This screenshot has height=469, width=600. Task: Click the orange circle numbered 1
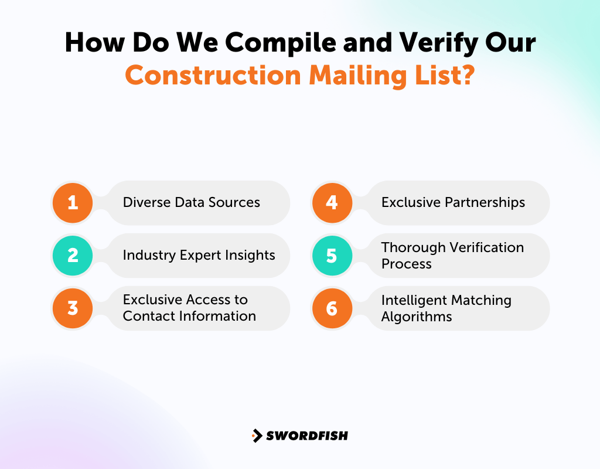[73, 203]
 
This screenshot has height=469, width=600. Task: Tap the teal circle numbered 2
[73, 256]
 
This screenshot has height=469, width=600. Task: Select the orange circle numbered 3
[73, 308]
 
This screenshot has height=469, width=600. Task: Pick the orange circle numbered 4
[332, 203]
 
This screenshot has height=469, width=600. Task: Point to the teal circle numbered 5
[332, 256]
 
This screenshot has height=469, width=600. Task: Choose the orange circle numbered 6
[332, 308]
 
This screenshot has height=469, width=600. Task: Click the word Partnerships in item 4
[480, 203]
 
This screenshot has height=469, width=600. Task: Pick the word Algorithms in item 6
[417, 317]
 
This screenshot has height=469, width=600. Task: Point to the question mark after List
[466, 76]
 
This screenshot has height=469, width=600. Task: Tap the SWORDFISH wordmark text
[307, 436]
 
